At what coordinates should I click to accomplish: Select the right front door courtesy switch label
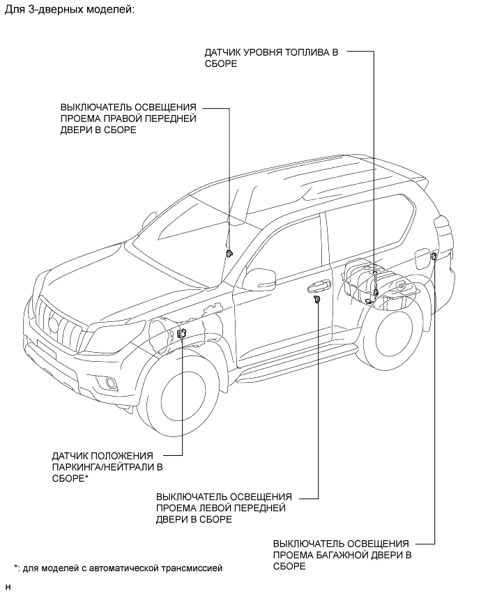(x=128, y=119)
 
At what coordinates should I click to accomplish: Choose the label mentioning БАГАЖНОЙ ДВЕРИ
(x=342, y=555)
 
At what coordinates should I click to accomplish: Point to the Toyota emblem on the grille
(x=54, y=322)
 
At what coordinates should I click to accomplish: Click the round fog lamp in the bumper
(x=111, y=381)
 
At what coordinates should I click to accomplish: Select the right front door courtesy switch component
(x=229, y=254)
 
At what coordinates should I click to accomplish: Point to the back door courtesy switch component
(x=434, y=257)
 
